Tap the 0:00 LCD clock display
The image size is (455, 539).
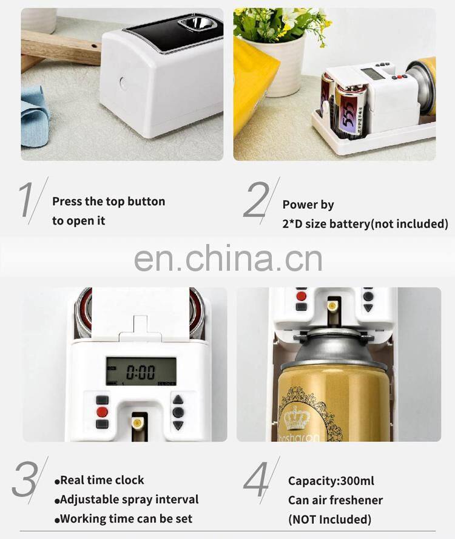coord(141,371)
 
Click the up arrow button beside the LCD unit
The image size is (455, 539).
coord(178,399)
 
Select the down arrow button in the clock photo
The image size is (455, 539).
coord(178,425)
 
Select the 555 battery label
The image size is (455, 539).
coord(347,117)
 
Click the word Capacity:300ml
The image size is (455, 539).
coord(331,481)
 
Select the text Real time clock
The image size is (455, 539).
coord(102,480)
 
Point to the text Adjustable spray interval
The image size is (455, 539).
coord(129,500)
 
